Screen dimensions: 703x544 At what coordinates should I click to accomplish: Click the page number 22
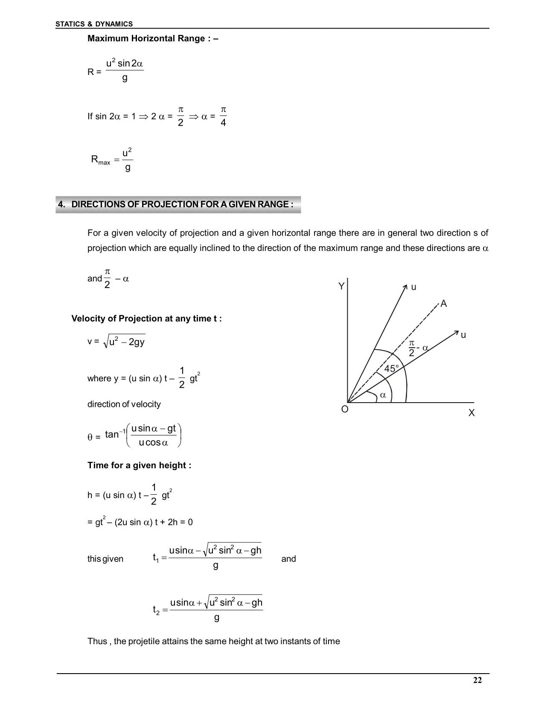point(477,680)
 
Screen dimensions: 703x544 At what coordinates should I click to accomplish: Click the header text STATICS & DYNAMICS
point(94,24)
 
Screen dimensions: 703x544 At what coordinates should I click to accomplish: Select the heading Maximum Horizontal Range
point(153,39)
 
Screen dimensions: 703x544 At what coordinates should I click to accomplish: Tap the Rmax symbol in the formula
point(101,160)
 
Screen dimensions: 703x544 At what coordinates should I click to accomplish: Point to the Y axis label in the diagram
point(341,286)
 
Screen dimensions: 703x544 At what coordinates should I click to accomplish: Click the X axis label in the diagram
point(471,413)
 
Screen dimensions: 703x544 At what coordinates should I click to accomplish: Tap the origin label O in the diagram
point(345,409)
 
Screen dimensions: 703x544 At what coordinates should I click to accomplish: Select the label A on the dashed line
point(444,304)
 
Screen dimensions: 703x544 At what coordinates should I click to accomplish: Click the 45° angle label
point(391,369)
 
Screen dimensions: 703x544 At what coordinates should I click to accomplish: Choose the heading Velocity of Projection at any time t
point(146,319)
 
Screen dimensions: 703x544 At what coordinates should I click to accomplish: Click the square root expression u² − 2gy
point(124,342)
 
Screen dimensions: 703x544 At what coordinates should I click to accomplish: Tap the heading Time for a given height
point(139,465)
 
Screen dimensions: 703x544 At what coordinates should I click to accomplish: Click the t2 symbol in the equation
point(156,610)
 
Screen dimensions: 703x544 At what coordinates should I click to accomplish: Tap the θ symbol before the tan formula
point(90,437)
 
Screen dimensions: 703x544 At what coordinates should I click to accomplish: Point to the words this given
point(105,559)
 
